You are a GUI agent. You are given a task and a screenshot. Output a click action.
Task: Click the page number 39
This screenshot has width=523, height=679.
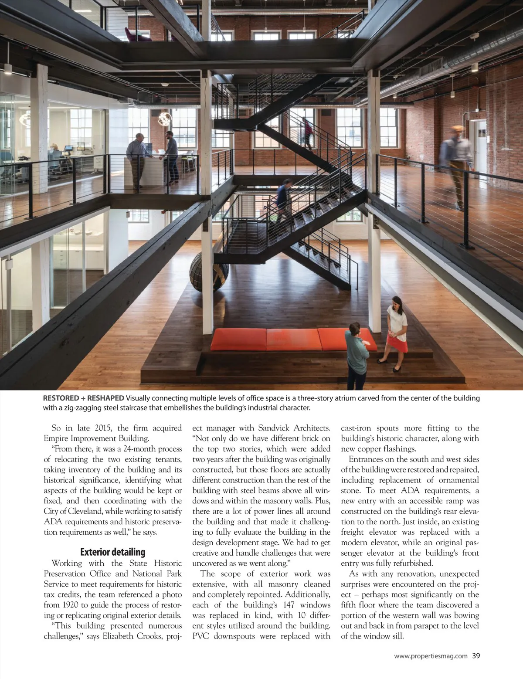pyautogui.click(x=476, y=655)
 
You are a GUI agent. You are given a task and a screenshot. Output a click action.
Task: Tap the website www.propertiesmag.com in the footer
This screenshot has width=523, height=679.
pyautogui.click(x=431, y=656)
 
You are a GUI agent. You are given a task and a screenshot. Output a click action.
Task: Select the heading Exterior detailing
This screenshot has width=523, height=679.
pyautogui.click(x=113, y=552)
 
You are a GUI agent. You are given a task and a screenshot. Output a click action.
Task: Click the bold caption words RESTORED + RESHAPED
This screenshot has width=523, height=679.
pyautogui.click(x=83, y=398)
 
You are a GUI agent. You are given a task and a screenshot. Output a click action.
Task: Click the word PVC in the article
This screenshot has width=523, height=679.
pyautogui.click(x=201, y=636)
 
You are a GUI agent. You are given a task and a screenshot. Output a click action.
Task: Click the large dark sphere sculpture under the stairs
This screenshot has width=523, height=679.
pyautogui.click(x=209, y=272)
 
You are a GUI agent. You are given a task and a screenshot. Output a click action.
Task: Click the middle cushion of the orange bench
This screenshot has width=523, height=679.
pyautogui.click(x=292, y=339)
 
